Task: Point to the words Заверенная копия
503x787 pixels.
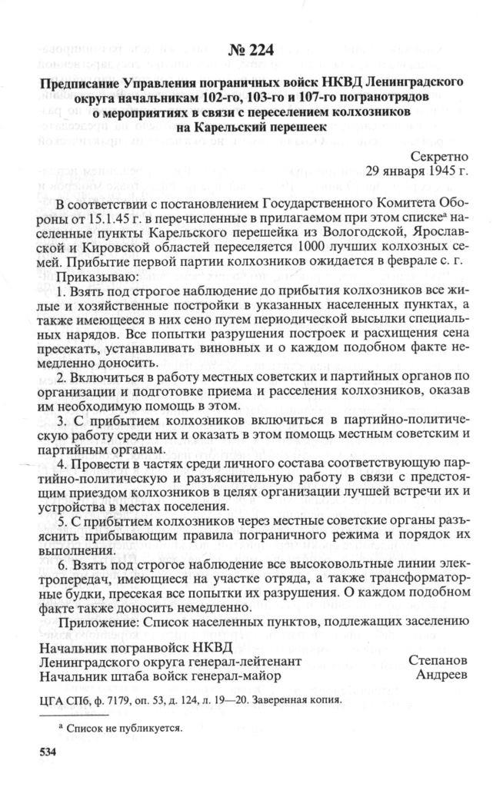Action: (x=294, y=701)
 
